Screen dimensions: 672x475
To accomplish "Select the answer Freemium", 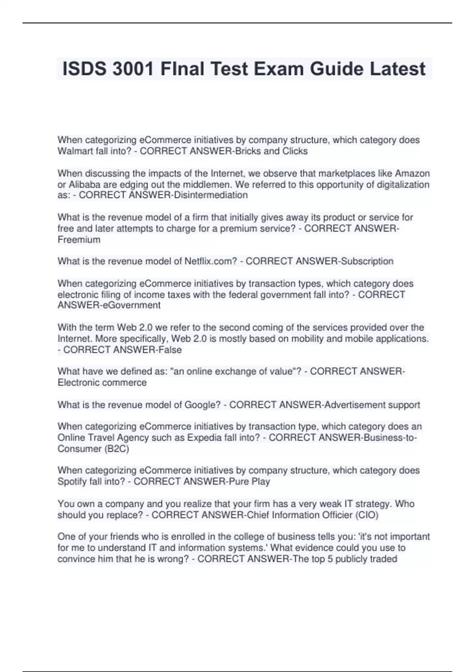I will pyautogui.click(x=79, y=240).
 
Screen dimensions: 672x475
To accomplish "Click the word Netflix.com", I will pyautogui.click(x=211, y=261).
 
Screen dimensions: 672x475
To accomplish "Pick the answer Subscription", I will pyautogui.click(x=367, y=261).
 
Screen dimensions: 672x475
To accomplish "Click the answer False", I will pyautogui.click(x=170, y=349).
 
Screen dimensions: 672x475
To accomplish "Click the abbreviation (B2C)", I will pyautogui.click(x=117, y=449).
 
